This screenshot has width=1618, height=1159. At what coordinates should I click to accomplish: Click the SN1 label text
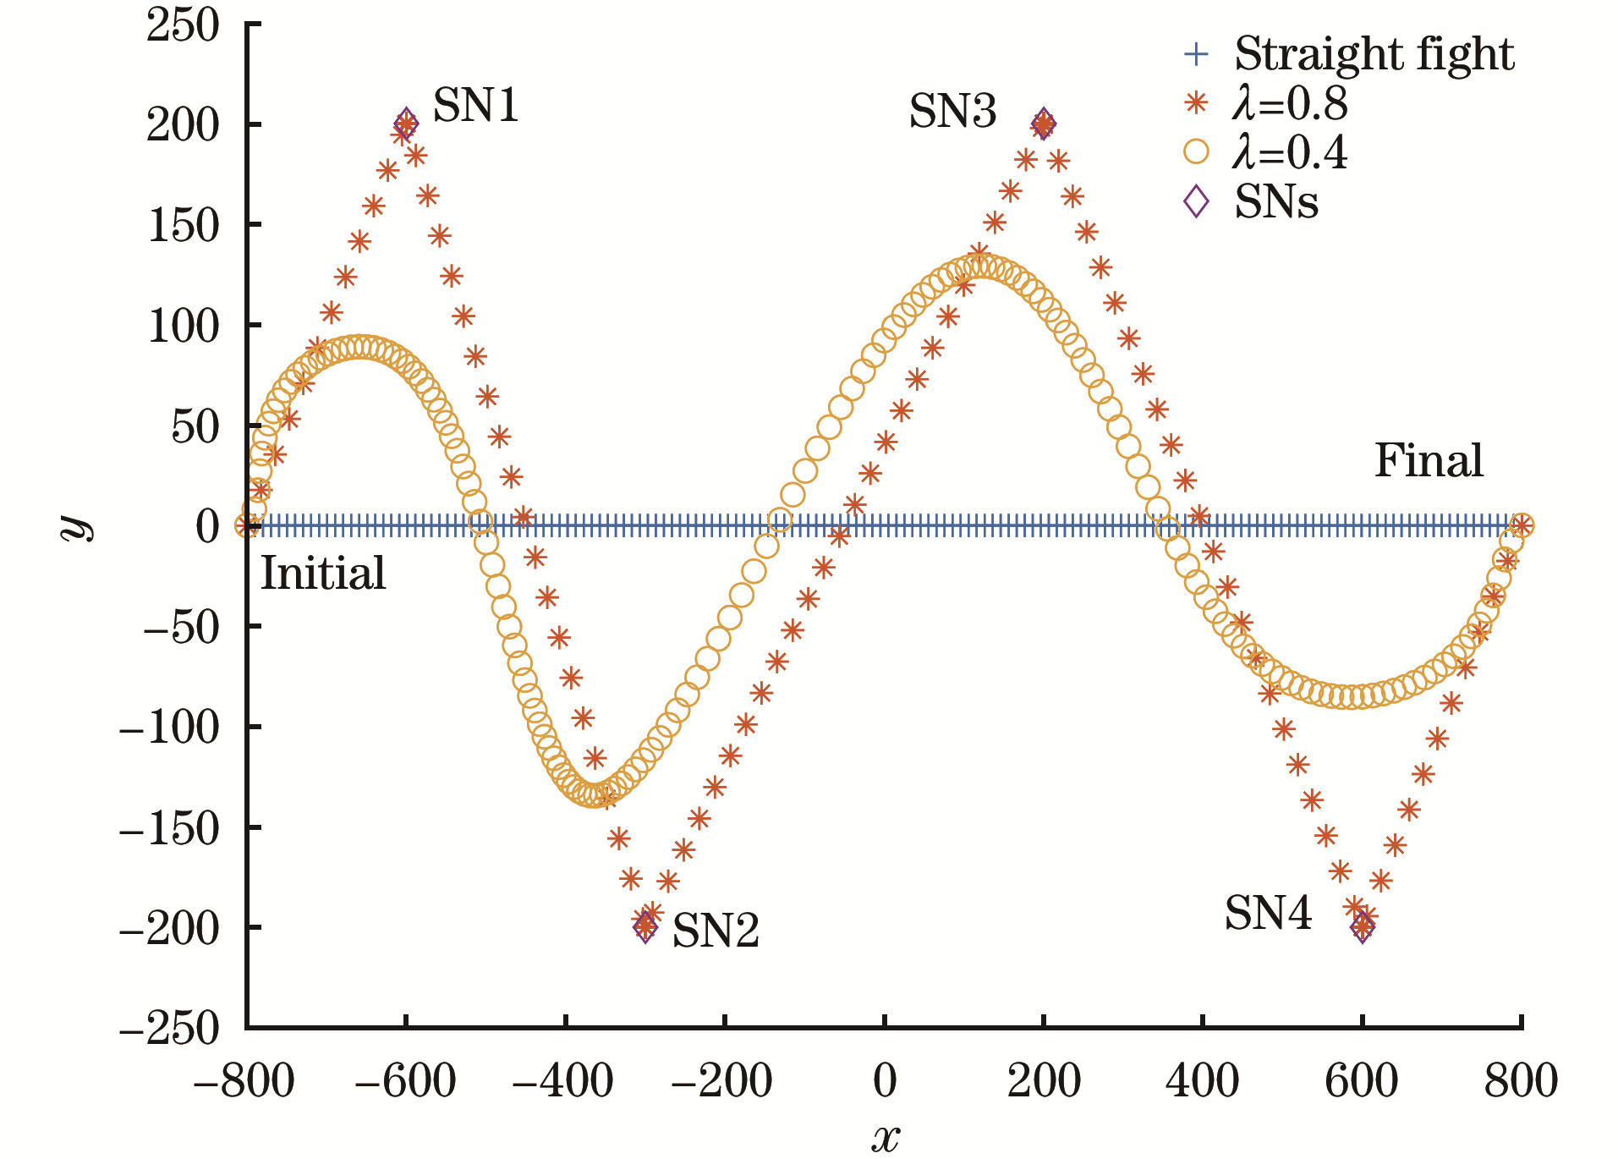[x=475, y=107]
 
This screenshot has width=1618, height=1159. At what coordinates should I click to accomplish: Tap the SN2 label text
[x=716, y=931]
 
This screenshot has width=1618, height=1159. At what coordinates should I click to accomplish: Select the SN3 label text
[x=952, y=112]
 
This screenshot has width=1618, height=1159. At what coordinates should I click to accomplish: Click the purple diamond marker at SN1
[x=406, y=123]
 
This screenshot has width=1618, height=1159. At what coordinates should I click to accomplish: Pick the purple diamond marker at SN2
[x=645, y=927]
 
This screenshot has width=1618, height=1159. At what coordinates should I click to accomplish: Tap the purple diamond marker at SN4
[x=1363, y=927]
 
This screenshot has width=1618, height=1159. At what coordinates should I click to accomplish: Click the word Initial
[x=323, y=574]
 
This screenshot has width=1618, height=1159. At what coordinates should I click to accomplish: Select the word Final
[x=1429, y=461]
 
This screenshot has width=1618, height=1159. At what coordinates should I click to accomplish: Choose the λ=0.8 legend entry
[x=1290, y=103]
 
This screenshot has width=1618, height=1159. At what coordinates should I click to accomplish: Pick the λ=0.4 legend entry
[x=1290, y=153]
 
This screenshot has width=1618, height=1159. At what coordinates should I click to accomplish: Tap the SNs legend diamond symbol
[x=1196, y=202]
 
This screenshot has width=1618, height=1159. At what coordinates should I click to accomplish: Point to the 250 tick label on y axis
[x=183, y=25]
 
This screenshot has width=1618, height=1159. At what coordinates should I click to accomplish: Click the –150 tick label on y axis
[x=169, y=828]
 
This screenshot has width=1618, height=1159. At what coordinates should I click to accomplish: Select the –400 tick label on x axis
[x=563, y=1081]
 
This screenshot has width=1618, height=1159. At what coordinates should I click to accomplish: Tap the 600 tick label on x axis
[x=1362, y=1081]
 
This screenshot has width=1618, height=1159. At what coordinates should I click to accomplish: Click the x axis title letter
[x=885, y=1138]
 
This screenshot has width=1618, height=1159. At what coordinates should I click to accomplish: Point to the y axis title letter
[x=78, y=525]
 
